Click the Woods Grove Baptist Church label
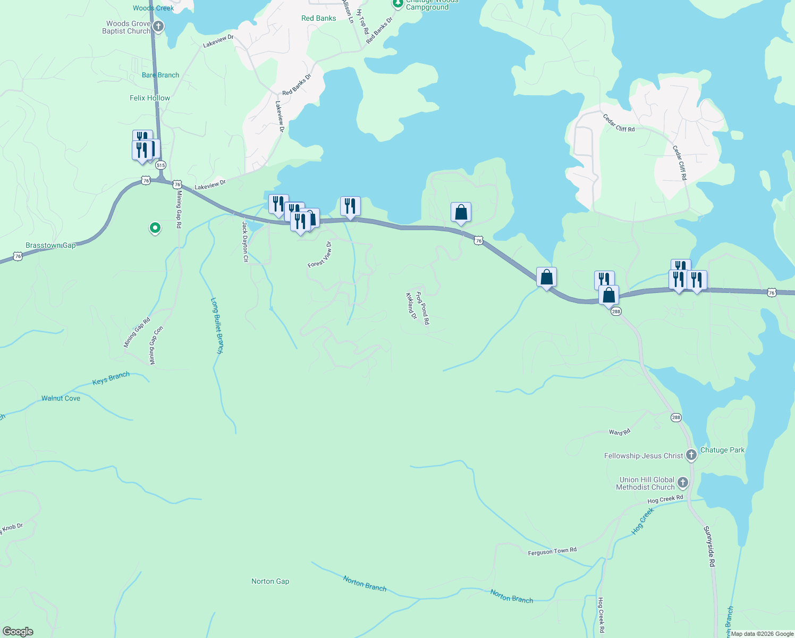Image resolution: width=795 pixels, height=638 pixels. [x=126, y=27]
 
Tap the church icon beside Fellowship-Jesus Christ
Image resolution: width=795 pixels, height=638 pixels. [x=691, y=455]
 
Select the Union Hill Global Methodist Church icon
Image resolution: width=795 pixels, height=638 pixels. [x=683, y=483]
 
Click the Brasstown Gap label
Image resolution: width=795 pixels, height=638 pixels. [x=50, y=246]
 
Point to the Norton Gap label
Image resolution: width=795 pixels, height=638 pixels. [x=270, y=581]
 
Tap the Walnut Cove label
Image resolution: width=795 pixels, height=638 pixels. [x=61, y=398]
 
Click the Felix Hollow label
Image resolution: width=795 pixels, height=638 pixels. [x=150, y=98]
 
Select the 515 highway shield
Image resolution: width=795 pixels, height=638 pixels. [x=161, y=165]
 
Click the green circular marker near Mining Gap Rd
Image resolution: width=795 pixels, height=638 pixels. [x=155, y=228]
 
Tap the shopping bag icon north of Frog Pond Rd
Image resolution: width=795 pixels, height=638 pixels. [x=461, y=213]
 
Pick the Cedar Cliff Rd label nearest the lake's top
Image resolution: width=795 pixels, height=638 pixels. [x=619, y=123]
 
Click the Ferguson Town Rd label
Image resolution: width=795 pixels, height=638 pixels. [x=552, y=551]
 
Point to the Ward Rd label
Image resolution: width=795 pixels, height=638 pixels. [x=619, y=432]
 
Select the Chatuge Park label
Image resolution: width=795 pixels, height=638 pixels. [x=722, y=450]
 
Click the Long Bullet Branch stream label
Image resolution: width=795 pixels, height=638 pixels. [x=217, y=325]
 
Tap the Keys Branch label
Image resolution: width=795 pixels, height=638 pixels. [x=111, y=379]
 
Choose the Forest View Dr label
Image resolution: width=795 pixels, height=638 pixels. [x=319, y=255]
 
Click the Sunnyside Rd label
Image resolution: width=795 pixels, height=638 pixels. [x=709, y=547]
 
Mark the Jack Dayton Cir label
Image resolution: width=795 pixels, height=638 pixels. [x=245, y=242]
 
